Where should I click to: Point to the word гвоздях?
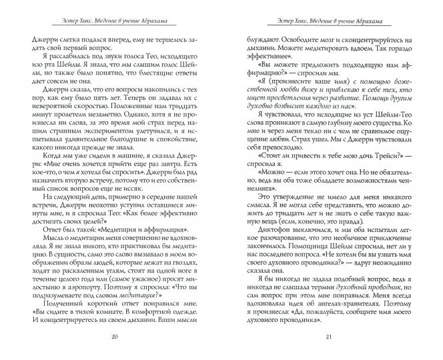coord(195,264)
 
